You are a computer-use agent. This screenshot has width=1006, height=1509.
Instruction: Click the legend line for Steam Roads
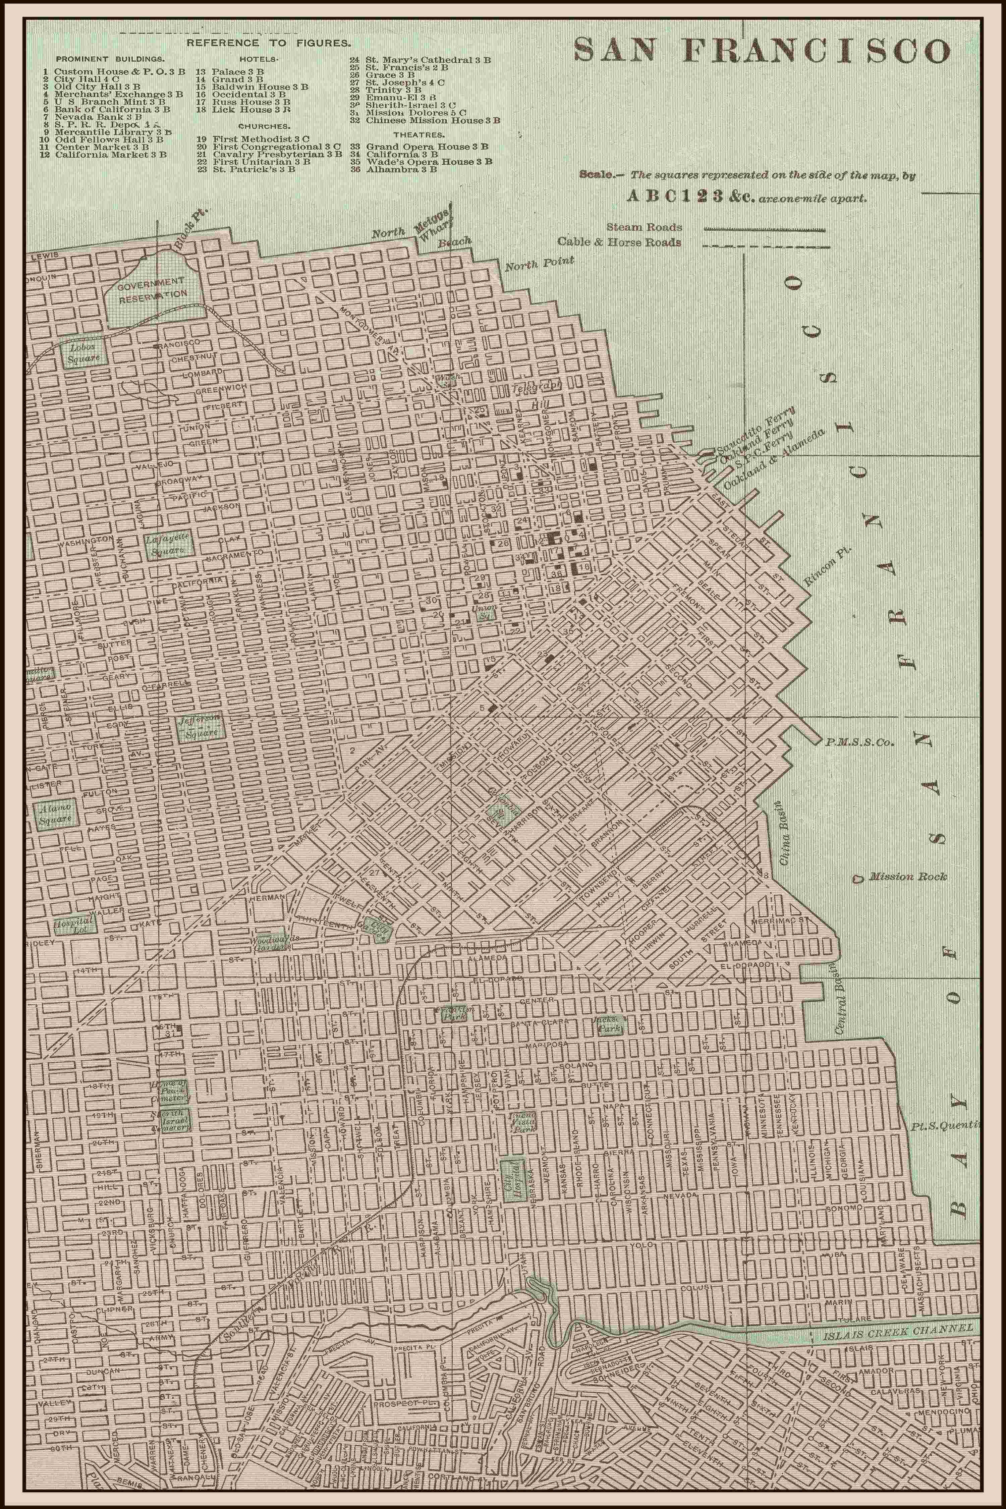[x=765, y=228]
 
